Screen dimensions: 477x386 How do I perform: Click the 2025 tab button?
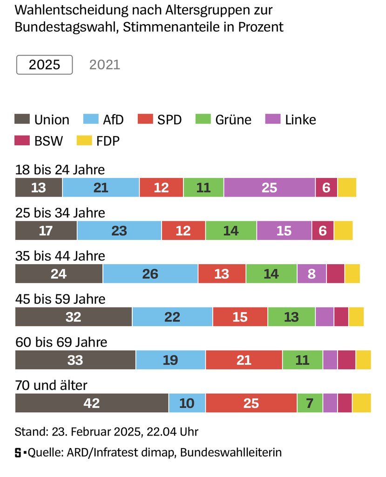(x=45, y=65)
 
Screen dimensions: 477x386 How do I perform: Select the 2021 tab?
(x=105, y=65)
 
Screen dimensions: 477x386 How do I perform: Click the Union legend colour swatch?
(x=22, y=120)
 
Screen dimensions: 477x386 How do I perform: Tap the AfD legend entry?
(x=103, y=120)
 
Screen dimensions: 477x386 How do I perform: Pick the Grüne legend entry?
(x=223, y=120)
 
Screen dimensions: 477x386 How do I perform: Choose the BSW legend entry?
(x=39, y=141)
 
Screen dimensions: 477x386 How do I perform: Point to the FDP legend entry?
(x=98, y=141)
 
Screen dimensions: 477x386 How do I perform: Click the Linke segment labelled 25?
(x=269, y=187)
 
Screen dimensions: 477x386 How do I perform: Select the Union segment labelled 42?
(x=92, y=403)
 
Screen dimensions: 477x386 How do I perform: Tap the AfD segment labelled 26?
(x=150, y=273)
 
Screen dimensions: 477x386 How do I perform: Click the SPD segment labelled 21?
(x=244, y=360)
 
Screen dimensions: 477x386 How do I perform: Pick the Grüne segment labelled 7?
(x=310, y=403)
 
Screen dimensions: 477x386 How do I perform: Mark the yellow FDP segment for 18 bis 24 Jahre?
(x=347, y=187)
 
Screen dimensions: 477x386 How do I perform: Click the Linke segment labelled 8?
(x=312, y=273)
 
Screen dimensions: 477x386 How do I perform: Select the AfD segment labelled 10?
(x=187, y=403)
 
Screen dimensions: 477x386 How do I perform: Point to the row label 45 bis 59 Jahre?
(x=60, y=299)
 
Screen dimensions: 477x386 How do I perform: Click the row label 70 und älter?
(x=51, y=385)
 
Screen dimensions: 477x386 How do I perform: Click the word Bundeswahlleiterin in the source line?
(x=231, y=452)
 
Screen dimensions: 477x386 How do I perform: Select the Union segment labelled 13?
(x=39, y=187)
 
